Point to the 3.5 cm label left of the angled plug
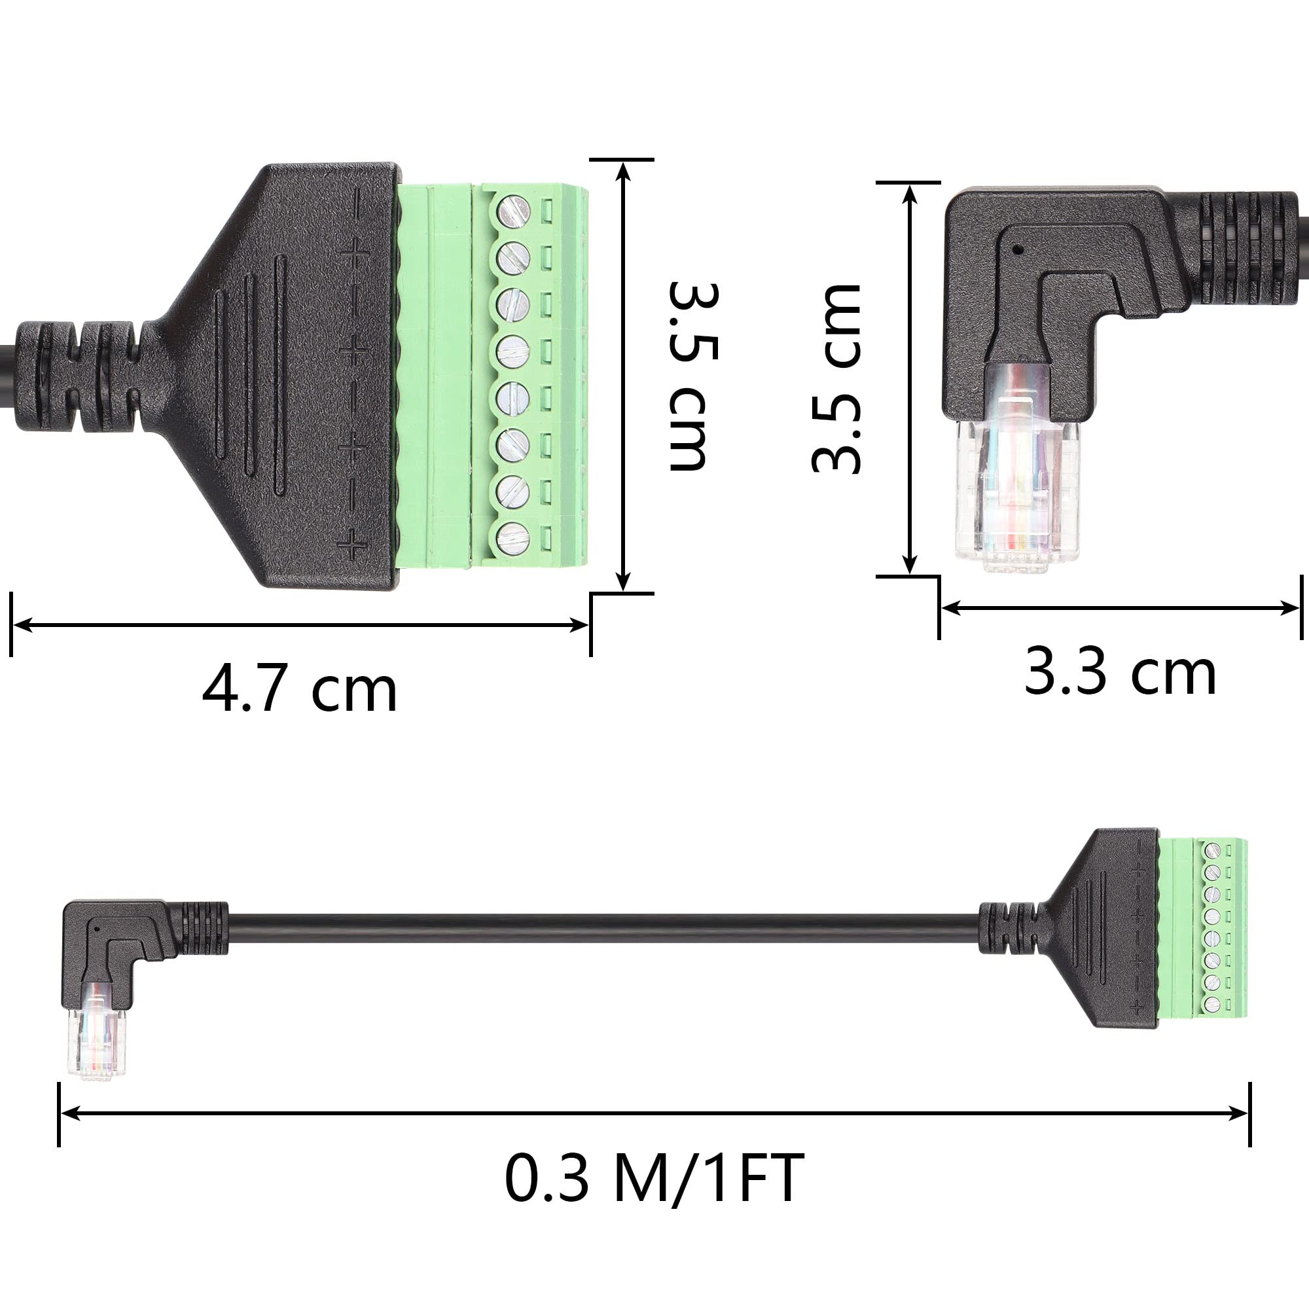point(836,378)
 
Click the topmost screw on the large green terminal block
point(514,210)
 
